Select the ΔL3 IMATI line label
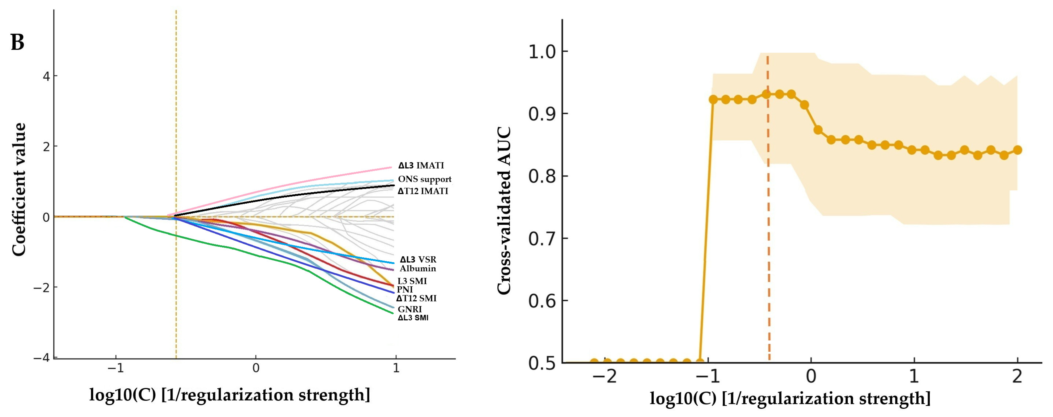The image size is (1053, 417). coord(421,166)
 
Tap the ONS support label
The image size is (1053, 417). coord(425,179)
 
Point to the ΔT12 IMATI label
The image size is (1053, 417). coord(423,191)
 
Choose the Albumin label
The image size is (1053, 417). coord(418,269)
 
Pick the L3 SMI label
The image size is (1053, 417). coord(412,281)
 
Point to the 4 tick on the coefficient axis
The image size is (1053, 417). coord(47,76)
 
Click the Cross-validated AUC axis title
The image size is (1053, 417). coord(504,210)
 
